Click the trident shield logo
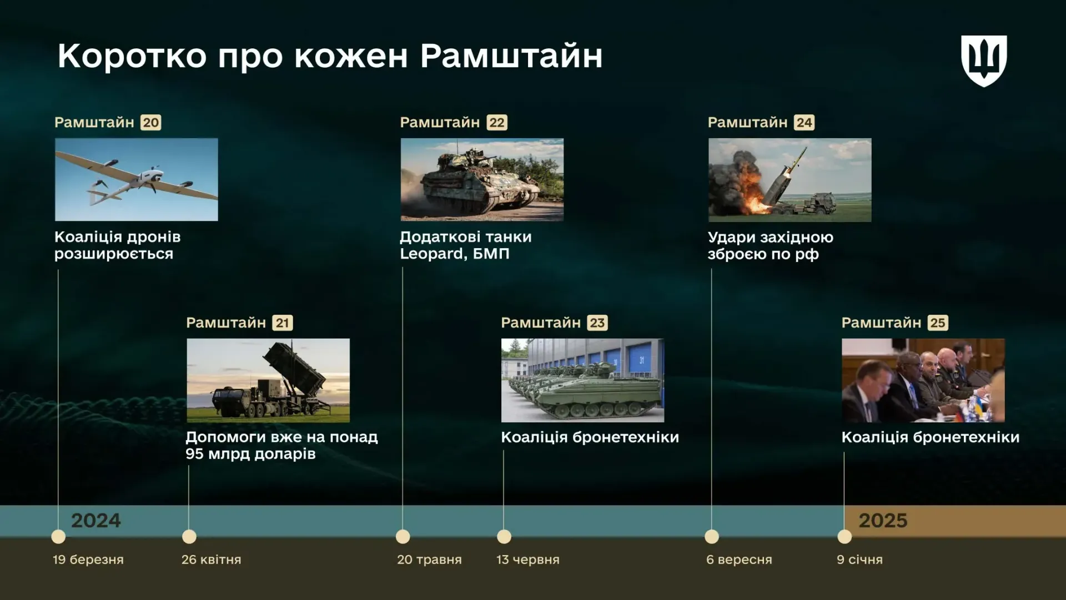coord(984,61)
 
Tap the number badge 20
coord(151,122)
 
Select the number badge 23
coord(597,322)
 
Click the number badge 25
coord(938,322)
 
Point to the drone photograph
coord(137,179)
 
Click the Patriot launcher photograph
coord(268,380)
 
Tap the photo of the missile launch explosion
coord(790,180)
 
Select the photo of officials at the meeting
coord(923,380)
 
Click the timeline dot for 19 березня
coord(58,537)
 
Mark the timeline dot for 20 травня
coord(403,537)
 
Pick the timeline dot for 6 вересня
coord(712,537)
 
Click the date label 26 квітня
coord(211,559)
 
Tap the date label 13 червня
coord(528,559)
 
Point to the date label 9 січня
coord(859,559)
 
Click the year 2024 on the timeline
coord(95,520)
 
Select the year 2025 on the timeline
coord(883,520)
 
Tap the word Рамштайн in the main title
coord(511,56)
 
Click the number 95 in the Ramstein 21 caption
coord(195,453)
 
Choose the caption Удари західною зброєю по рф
coord(771,245)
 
